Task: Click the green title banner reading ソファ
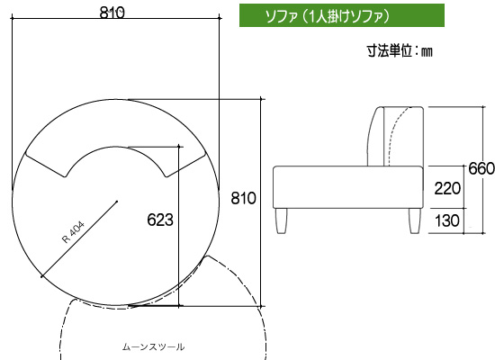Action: pos(342,15)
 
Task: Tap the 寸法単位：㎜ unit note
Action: pos(400,50)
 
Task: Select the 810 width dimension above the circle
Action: pos(112,13)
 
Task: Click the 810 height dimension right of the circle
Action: pos(243,198)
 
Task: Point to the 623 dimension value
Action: pos(160,220)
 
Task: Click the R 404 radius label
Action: pos(73,232)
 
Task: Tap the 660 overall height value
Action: pos(481,168)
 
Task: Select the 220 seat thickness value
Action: pos(447,188)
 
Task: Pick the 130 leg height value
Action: pos(447,220)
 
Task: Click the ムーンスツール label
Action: pos(153,347)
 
